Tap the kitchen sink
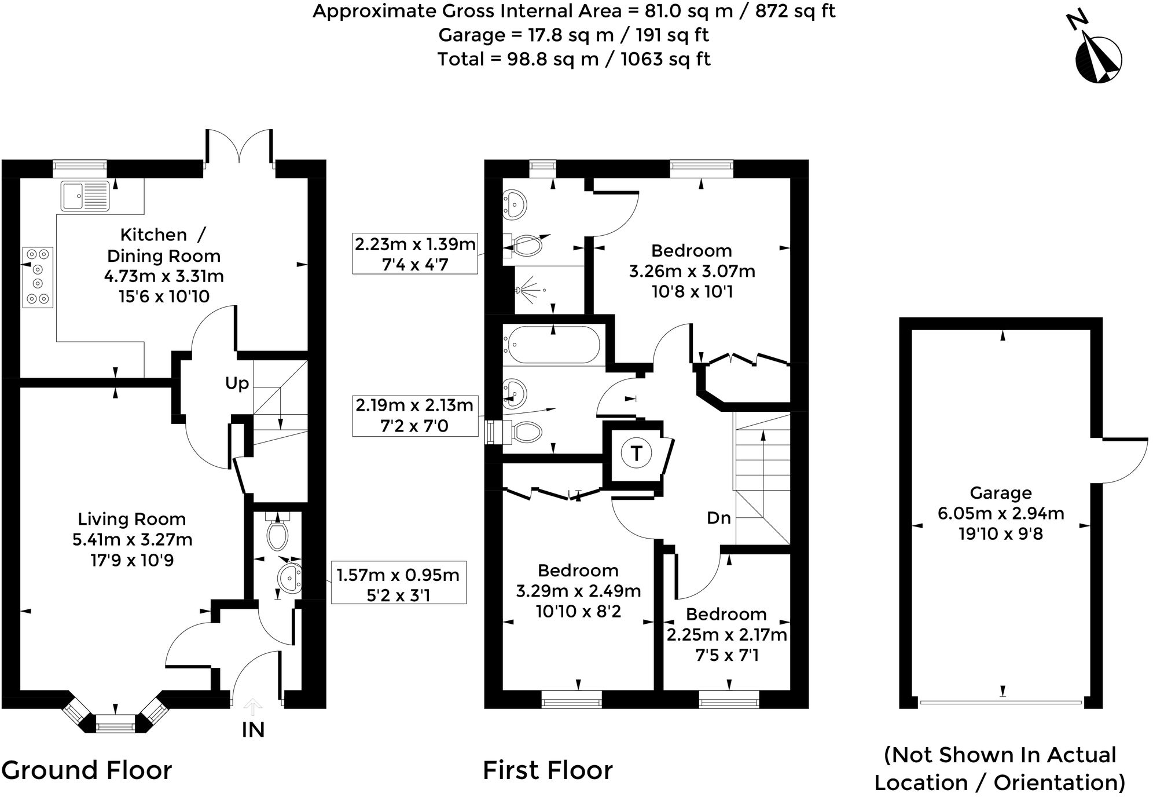(x=85, y=195)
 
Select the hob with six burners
(x=38, y=277)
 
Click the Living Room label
(x=132, y=519)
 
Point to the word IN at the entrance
(x=253, y=730)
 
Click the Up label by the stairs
(x=237, y=383)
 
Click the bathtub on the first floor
(x=553, y=345)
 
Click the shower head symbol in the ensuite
(x=530, y=288)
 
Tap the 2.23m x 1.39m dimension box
(x=414, y=254)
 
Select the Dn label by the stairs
(x=718, y=518)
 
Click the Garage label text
(x=1001, y=493)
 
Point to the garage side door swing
(x=1123, y=461)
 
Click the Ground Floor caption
(x=87, y=770)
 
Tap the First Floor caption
(x=548, y=770)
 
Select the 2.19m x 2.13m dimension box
(x=414, y=415)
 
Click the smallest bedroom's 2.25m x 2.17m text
(x=726, y=635)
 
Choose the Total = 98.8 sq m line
(x=574, y=59)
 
